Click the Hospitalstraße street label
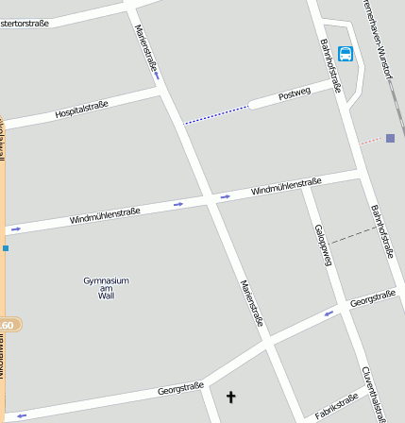(x=81, y=110)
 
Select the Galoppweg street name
(x=323, y=245)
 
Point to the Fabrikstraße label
(x=337, y=407)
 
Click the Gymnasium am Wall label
(x=106, y=287)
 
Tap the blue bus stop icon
(x=346, y=54)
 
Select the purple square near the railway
(x=390, y=138)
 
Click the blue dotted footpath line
(x=216, y=115)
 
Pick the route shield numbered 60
(x=8, y=325)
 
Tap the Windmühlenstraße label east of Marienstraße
(x=286, y=186)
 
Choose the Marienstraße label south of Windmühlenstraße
(x=251, y=303)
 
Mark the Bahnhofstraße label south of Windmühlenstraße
(x=381, y=231)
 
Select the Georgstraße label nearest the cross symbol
(x=180, y=387)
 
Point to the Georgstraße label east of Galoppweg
(x=372, y=299)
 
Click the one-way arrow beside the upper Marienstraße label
(x=157, y=76)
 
